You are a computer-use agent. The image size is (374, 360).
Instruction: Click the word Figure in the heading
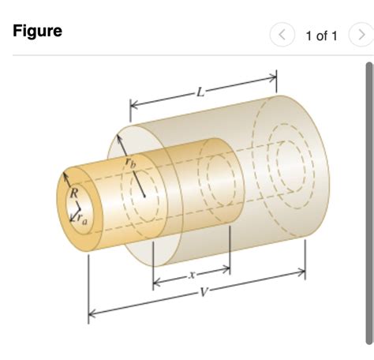38,32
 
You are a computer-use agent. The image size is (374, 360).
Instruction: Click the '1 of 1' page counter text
321,36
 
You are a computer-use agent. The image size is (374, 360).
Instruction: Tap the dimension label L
201,91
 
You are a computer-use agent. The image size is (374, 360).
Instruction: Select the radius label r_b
130,162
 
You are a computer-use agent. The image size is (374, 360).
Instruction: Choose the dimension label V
204,292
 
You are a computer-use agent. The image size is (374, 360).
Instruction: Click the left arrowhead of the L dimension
133,104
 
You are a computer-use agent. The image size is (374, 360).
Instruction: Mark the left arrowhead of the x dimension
156,282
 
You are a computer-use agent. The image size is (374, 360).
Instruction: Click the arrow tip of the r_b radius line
118,137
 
